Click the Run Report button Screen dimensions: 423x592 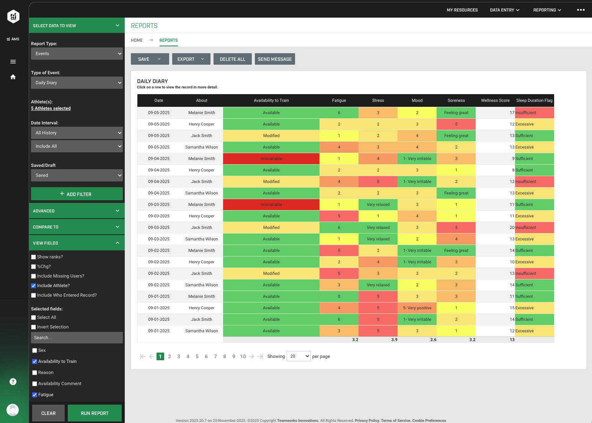coord(95,413)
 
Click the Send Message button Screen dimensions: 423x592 coord(274,59)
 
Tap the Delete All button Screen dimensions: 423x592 coord(232,59)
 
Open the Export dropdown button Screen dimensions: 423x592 coord(191,59)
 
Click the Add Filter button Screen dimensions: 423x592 coord(77,194)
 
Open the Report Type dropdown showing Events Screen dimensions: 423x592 coord(77,54)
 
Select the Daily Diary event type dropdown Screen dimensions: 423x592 coord(77,83)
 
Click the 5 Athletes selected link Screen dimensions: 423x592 coord(51,108)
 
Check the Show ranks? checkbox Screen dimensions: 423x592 coord(34,257)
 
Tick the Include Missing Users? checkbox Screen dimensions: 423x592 coord(34,276)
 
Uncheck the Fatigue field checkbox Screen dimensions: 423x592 coord(35,395)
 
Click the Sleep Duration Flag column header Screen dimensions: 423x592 coord(534,100)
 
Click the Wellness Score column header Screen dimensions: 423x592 coord(495,100)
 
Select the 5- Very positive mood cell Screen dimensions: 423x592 coord(417,308)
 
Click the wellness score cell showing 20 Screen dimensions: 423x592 coord(495,227)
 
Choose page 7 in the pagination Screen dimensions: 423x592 coord(215,356)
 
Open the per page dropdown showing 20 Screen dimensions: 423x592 coord(298,356)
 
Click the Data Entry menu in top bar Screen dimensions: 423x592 coord(504,10)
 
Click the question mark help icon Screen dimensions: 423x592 coord(13,382)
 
